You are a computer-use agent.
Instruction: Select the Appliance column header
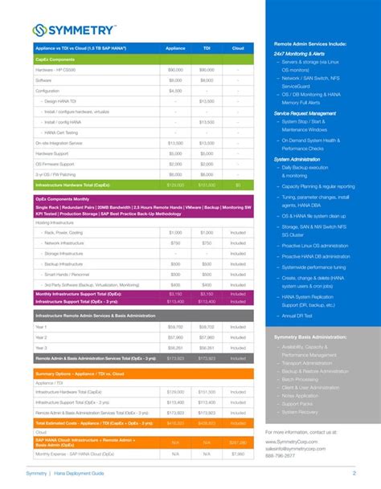click(174, 48)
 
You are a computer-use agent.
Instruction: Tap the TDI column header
click(207, 48)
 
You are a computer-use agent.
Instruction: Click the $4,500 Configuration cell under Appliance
click(174, 91)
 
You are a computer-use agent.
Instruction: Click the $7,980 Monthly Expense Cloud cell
click(238, 454)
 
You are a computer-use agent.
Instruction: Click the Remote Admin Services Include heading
click(310, 43)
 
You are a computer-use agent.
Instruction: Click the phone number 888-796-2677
click(281, 456)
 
